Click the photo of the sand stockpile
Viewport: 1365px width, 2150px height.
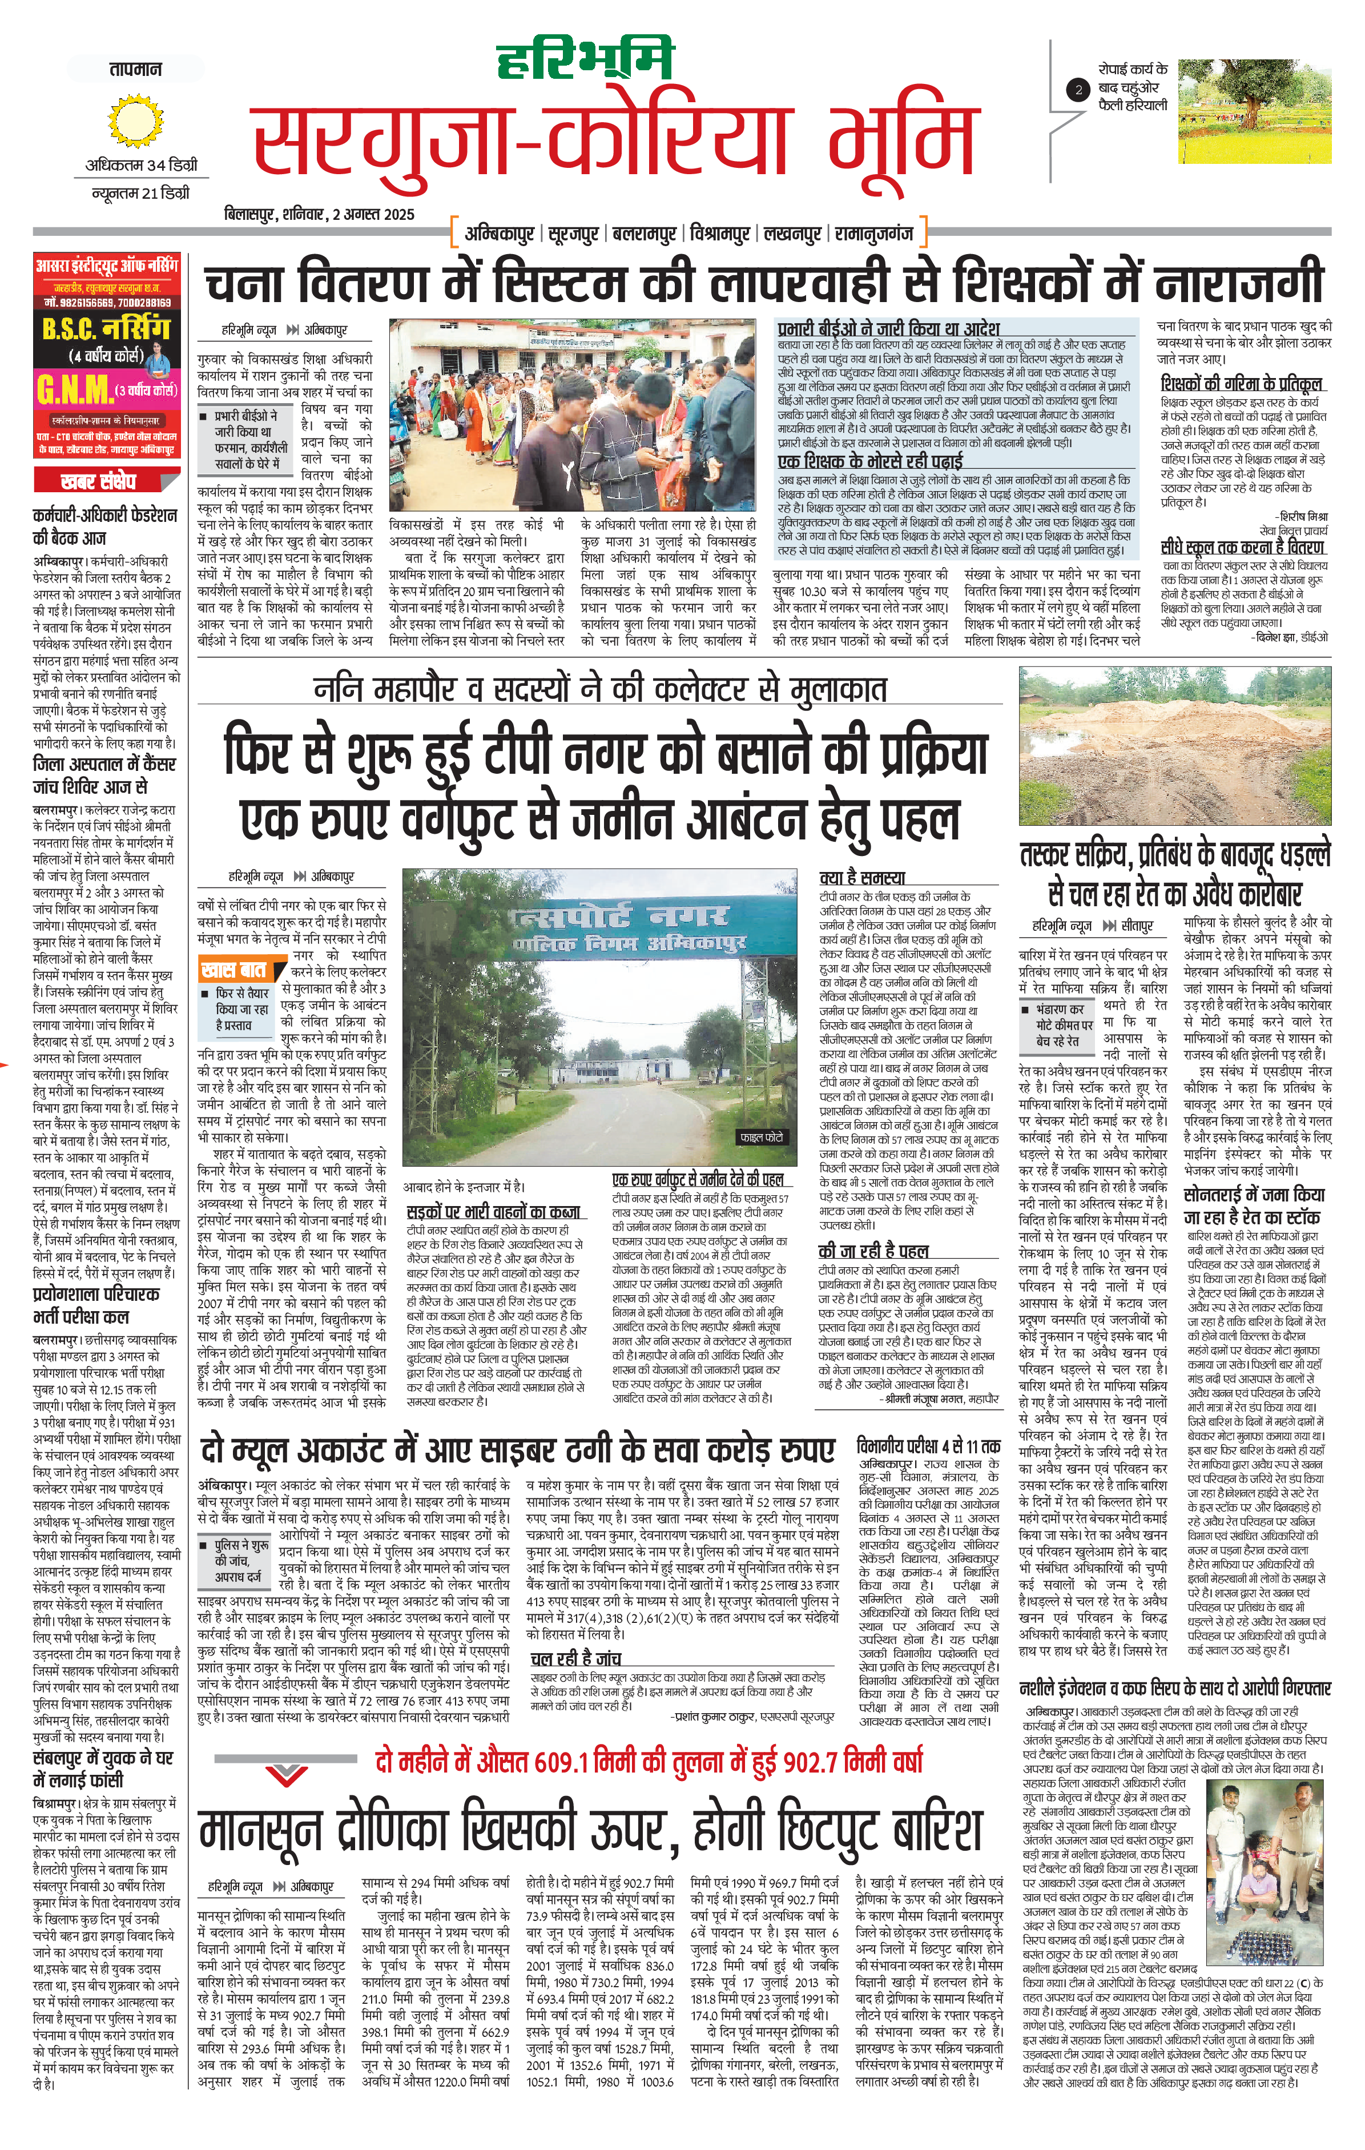point(1175,746)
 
